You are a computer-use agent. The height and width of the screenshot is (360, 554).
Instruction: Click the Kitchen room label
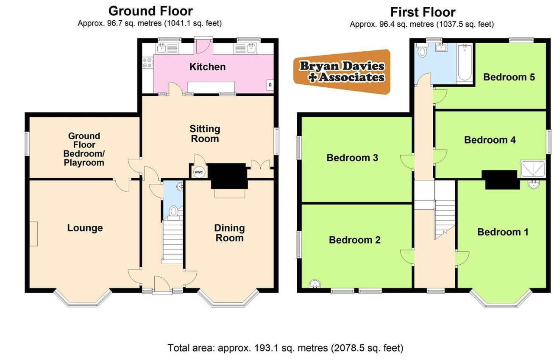[208, 67]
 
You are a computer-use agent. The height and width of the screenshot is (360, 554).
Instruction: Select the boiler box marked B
[270, 85]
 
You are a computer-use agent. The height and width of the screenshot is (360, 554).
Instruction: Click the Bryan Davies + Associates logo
[342, 72]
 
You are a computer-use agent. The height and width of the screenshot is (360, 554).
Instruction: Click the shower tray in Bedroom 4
[532, 169]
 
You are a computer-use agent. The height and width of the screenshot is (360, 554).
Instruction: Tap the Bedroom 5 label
[509, 77]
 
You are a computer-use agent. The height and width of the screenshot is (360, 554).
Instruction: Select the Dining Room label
[229, 233]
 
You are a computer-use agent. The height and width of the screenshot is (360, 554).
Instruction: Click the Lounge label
[85, 228]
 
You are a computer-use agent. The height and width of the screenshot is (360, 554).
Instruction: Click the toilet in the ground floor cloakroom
[174, 213]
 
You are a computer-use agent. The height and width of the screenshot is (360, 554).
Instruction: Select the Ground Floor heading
[150, 11]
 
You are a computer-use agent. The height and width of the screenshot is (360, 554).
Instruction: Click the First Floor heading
[423, 12]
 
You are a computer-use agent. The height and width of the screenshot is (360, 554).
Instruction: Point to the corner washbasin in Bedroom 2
[315, 284]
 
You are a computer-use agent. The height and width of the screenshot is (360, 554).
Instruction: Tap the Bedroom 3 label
[352, 158]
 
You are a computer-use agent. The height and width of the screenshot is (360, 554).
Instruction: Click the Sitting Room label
[205, 134]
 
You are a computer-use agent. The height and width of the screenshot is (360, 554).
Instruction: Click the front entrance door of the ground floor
[162, 284]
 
